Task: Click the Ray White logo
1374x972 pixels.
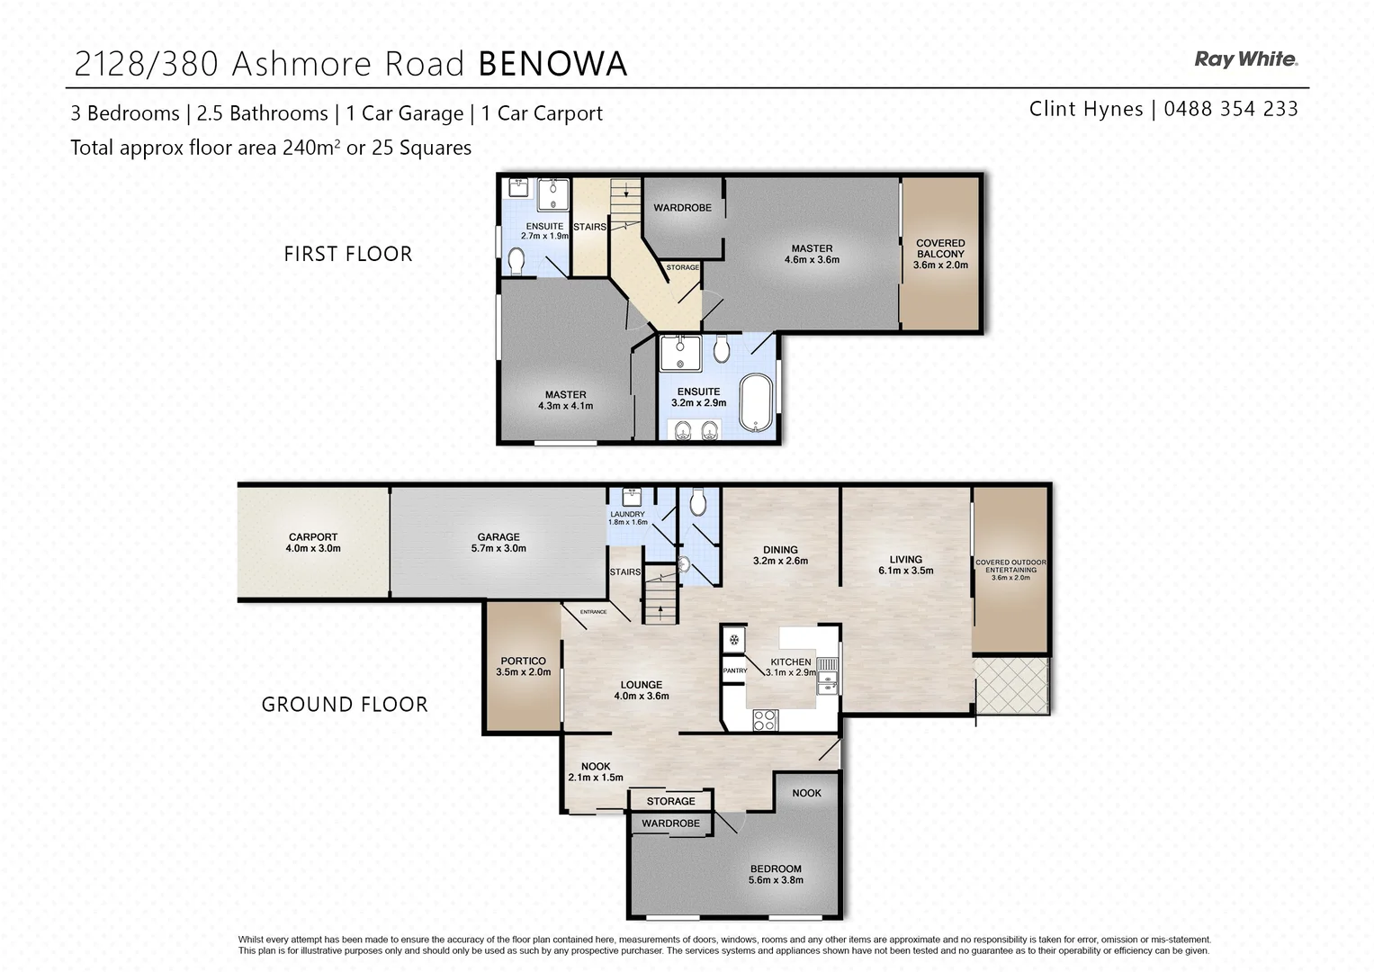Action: (1245, 60)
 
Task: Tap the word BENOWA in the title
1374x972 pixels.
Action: (552, 64)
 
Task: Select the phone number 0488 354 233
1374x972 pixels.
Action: (1230, 109)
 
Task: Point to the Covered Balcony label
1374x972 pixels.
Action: (940, 248)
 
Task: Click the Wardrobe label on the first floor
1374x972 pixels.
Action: (682, 208)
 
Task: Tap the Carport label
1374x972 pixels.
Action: (313, 537)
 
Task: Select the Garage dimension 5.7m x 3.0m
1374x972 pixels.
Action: (498, 548)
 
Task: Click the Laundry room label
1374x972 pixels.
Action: (627, 515)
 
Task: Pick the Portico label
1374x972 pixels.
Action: (523, 661)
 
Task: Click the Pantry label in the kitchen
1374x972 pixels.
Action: (734, 670)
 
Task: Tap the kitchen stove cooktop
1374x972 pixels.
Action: (764, 719)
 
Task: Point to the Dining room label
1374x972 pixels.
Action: (780, 550)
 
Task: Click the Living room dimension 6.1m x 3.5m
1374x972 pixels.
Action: (905, 571)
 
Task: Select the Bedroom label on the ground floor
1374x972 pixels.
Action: (776, 869)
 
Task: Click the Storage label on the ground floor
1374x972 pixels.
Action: (670, 801)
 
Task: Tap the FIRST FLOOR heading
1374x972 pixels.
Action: (347, 255)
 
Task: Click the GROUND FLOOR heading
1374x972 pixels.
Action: (345, 705)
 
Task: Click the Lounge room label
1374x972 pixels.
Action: (641, 685)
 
